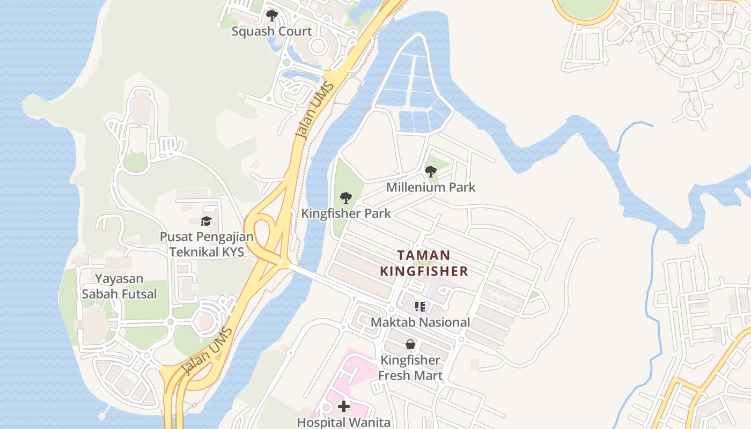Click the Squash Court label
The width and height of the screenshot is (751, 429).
click(271, 31)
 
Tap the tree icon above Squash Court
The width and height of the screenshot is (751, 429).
click(272, 15)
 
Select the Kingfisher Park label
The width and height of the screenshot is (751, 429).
click(346, 213)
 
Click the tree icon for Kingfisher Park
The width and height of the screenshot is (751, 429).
click(346, 198)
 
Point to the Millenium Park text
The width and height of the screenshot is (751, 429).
click(431, 187)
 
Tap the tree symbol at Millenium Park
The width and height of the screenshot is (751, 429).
click(430, 172)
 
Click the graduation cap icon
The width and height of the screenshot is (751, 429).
click(206, 221)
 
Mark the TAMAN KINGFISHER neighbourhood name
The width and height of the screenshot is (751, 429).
click(424, 263)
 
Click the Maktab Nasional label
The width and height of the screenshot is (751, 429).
click(421, 322)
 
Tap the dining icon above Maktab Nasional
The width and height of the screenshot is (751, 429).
click(420, 307)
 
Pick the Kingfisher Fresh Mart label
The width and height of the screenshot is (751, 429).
click(410, 367)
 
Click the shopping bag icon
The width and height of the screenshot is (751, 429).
click(410, 344)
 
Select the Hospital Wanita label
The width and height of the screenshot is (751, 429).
click(344, 422)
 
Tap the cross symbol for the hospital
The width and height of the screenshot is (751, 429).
click(344, 406)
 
